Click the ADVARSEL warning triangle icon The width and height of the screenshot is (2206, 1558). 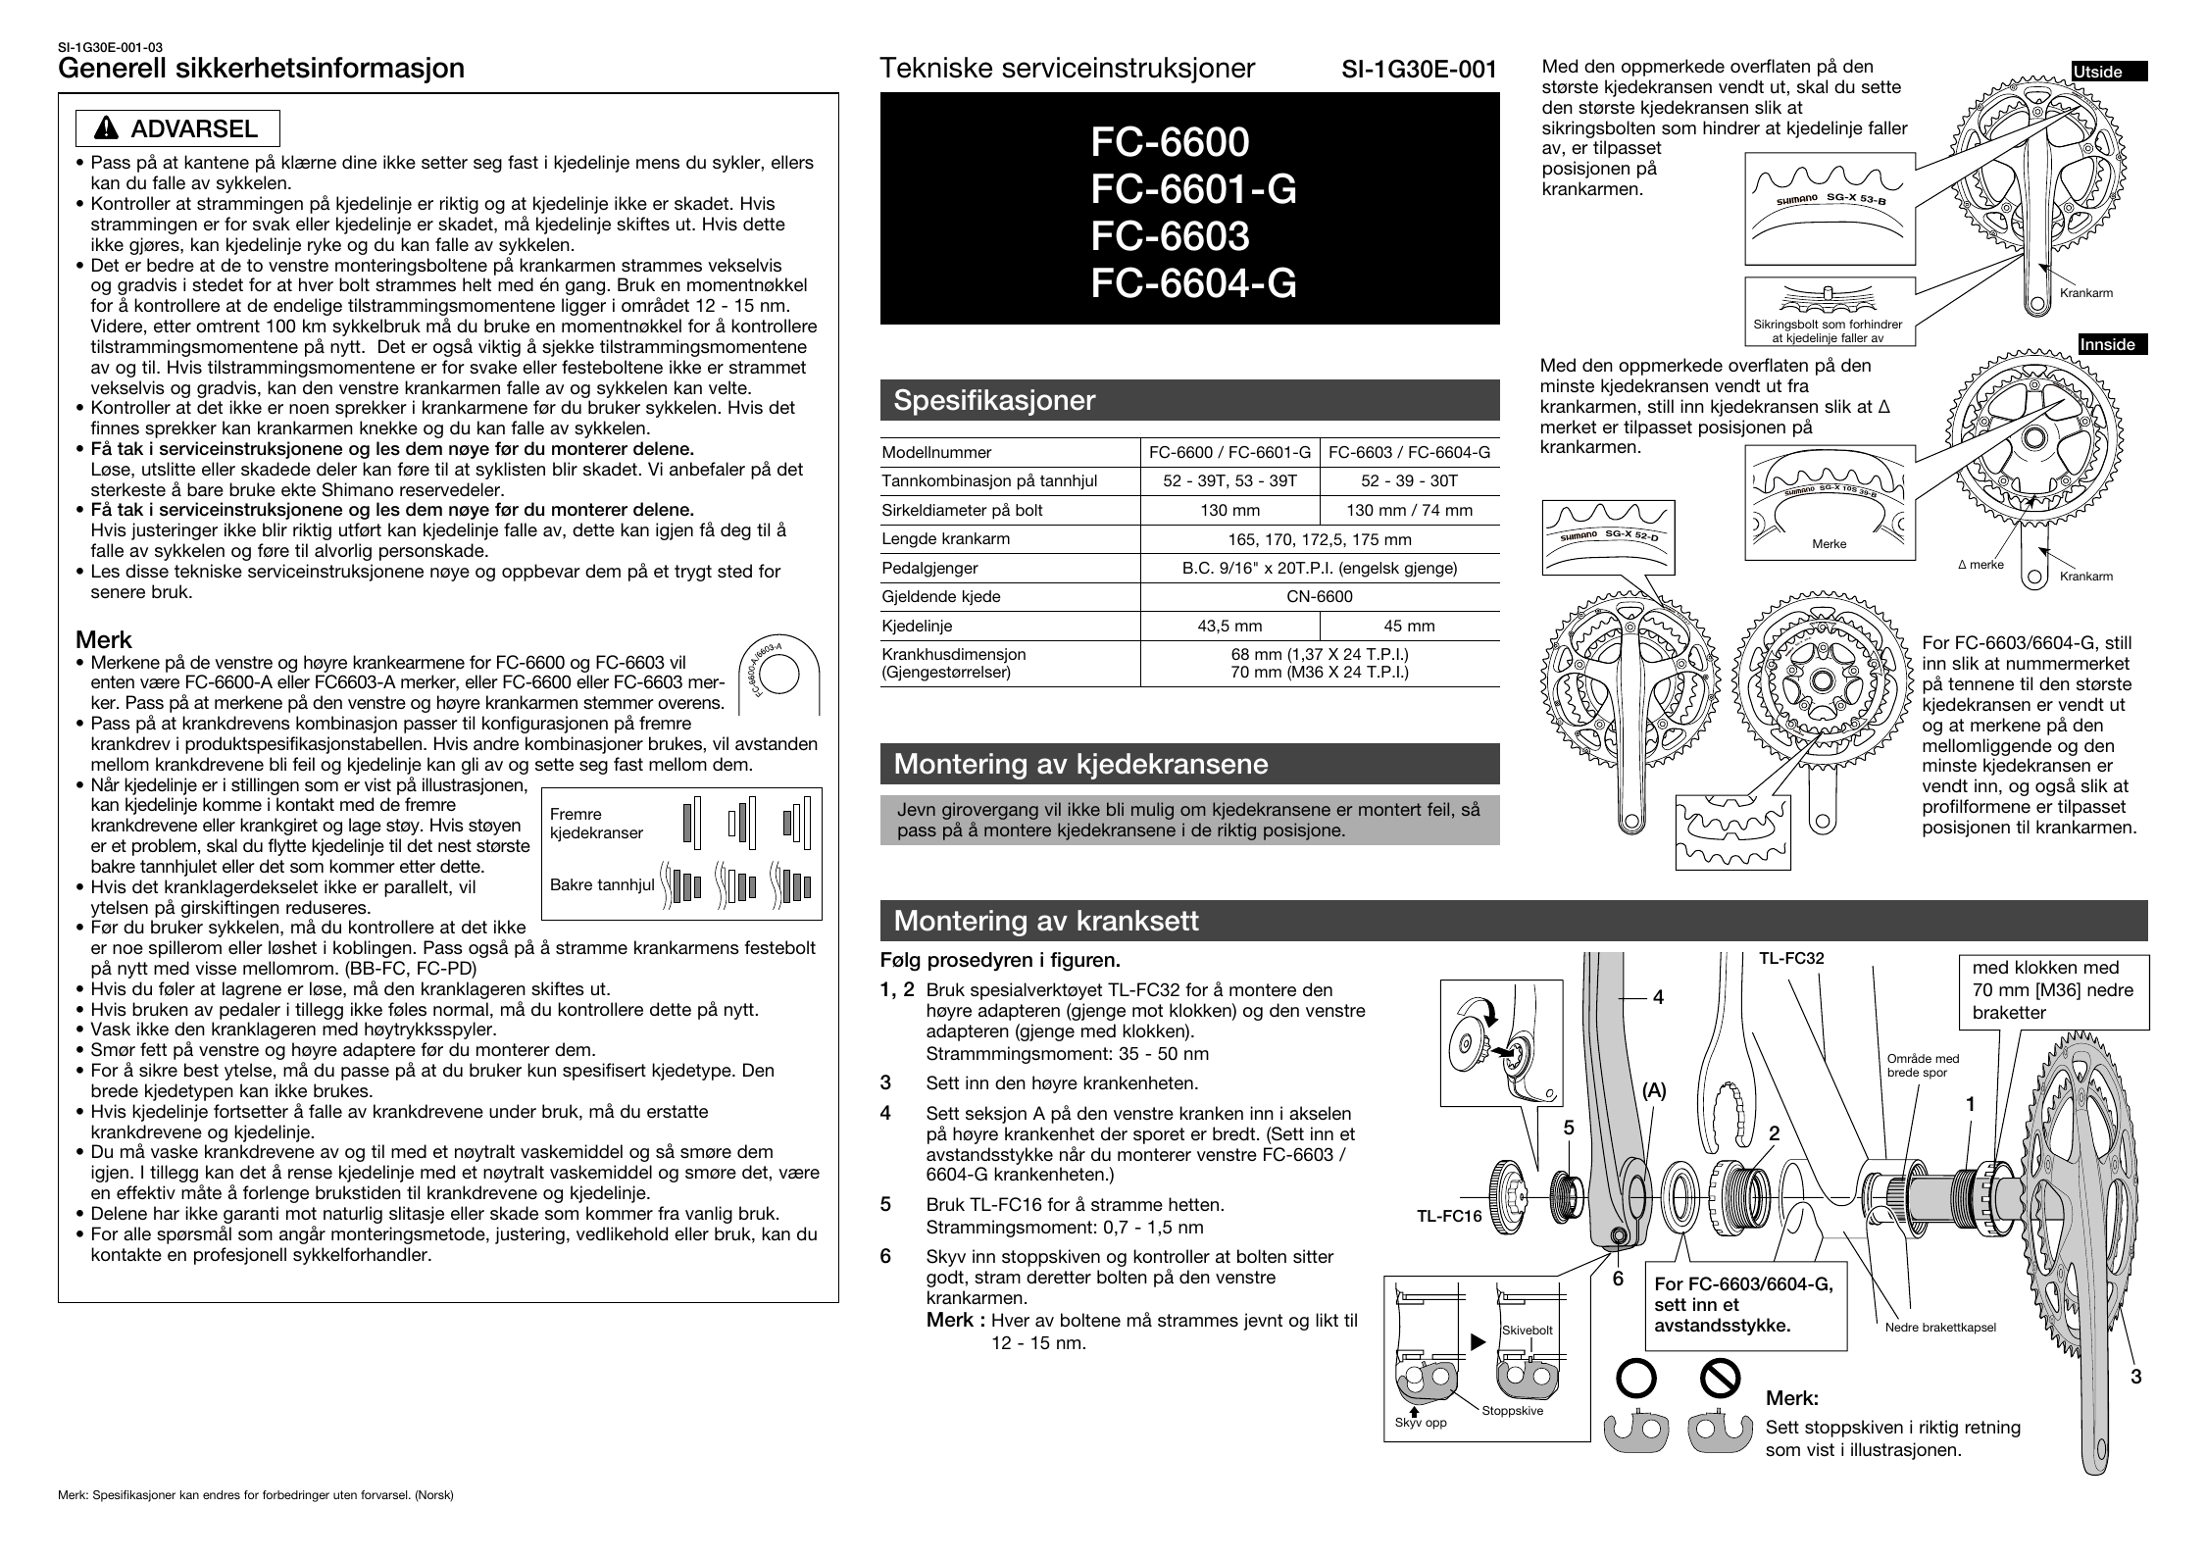pyautogui.click(x=107, y=129)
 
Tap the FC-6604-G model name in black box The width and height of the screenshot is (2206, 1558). pyautogui.click(x=1193, y=283)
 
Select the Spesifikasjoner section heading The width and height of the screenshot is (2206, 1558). pyautogui.click(x=994, y=401)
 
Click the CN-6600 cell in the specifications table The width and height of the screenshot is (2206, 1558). pyautogui.click(x=1319, y=597)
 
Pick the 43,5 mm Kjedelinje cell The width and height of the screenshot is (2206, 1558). pyautogui.click(x=1229, y=627)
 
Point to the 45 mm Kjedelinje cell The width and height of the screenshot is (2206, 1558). pyautogui.click(x=1409, y=627)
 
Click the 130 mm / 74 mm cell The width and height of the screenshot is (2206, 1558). pyautogui.click(x=1409, y=511)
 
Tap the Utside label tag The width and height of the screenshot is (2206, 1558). pyautogui.click(x=2099, y=72)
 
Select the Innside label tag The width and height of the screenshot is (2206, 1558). pyautogui.click(x=2107, y=345)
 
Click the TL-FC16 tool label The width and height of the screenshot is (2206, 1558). pyautogui.click(x=1448, y=1217)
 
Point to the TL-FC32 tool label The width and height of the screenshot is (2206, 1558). pyautogui.click(x=1790, y=959)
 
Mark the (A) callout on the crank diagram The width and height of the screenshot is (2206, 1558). pyautogui.click(x=1654, y=1090)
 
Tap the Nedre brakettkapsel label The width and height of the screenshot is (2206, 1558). pyautogui.click(x=1940, y=1328)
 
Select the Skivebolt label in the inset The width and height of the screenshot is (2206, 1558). pyautogui.click(x=1527, y=1331)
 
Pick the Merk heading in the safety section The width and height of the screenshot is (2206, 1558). pyautogui.click(x=104, y=640)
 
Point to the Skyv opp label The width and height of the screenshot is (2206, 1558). pyautogui.click(x=1421, y=1423)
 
